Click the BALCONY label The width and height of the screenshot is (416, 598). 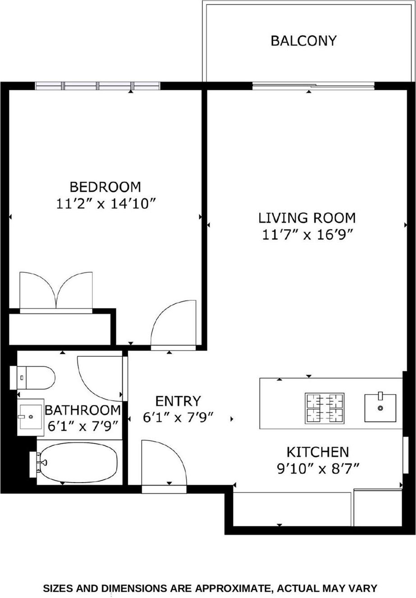tap(303, 41)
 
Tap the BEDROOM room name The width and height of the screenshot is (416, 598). tap(105, 186)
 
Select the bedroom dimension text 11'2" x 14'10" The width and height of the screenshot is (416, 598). tap(106, 203)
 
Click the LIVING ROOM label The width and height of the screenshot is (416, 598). tap(306, 218)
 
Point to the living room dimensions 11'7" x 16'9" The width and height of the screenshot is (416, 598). tap(306, 235)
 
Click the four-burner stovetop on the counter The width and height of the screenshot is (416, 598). tap(325, 407)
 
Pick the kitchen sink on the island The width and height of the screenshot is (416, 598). tap(380, 408)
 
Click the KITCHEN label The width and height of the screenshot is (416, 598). tap(318, 451)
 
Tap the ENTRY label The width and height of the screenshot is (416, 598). tap(178, 400)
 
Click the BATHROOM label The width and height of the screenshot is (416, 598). tap(83, 410)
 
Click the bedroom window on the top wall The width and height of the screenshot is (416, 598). tap(97, 86)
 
